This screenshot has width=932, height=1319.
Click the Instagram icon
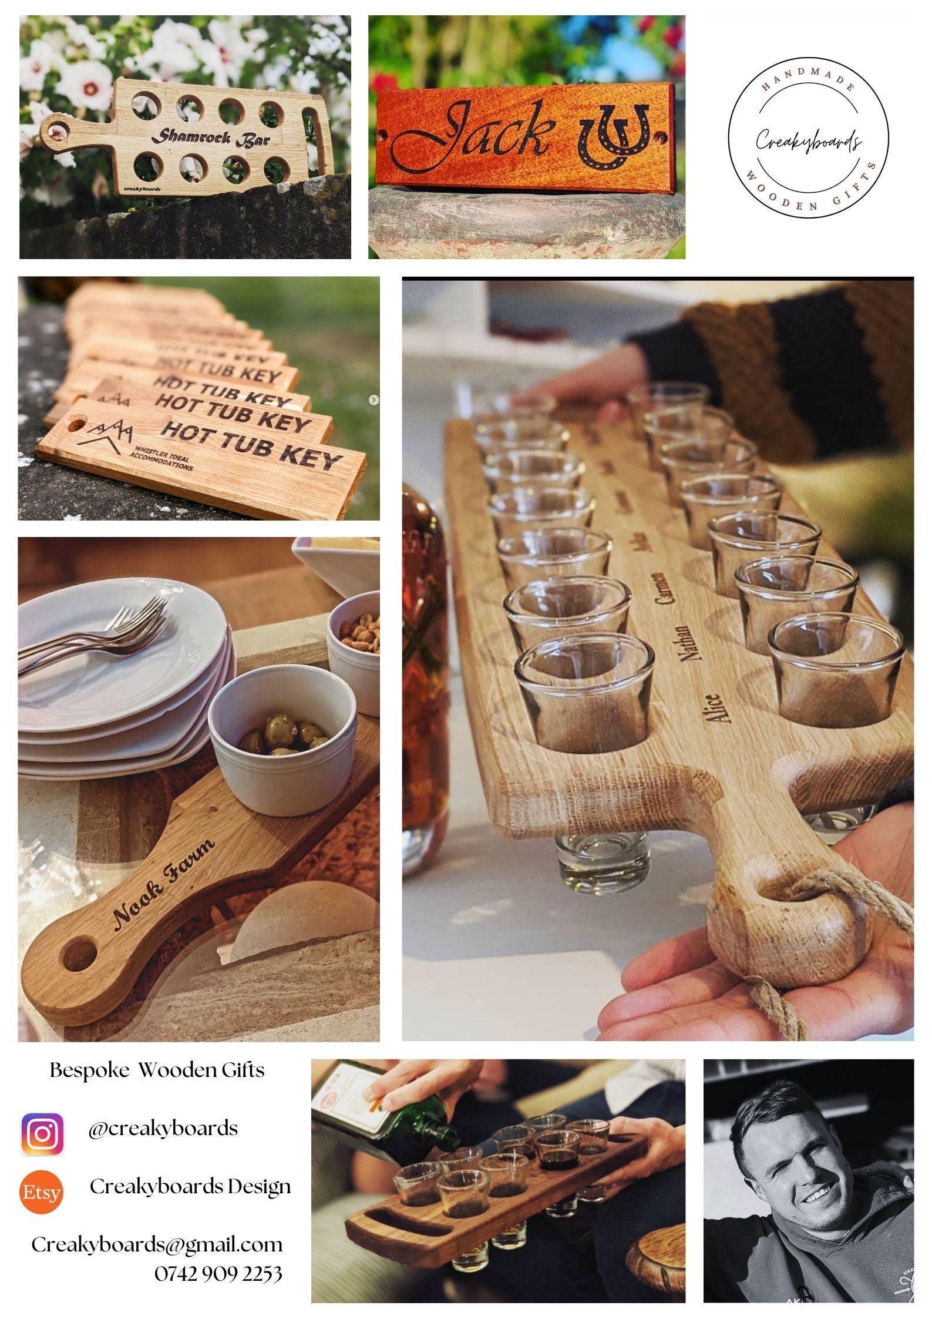[x=42, y=1135]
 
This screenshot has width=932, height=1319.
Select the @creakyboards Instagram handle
[x=163, y=1128]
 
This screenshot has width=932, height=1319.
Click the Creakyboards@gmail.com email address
[x=157, y=1245]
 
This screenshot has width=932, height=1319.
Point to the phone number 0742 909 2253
[x=218, y=1274]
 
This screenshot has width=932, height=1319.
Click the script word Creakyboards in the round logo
[x=808, y=141]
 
